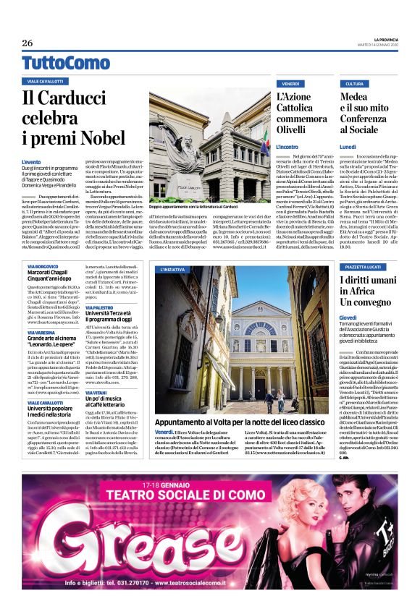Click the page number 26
(x=27, y=43)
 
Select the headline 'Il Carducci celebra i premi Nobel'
(x=72, y=117)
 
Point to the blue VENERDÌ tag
(x=290, y=84)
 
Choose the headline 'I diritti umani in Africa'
(x=369, y=293)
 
